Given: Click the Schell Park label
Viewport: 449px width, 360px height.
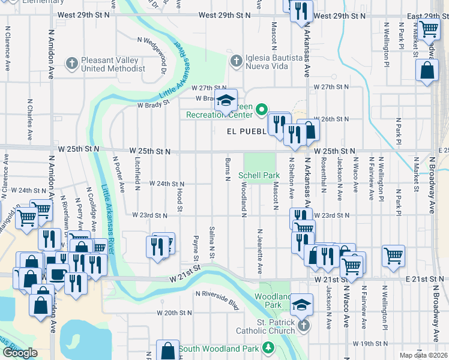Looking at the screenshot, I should tap(259, 176).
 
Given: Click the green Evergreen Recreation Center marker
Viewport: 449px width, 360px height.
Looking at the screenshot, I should tap(261, 109).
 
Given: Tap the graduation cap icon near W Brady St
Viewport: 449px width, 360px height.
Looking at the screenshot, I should tap(226, 100).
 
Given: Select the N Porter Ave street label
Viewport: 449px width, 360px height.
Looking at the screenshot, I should tap(118, 175).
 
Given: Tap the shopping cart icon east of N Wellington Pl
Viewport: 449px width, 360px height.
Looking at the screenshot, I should tap(394, 254).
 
